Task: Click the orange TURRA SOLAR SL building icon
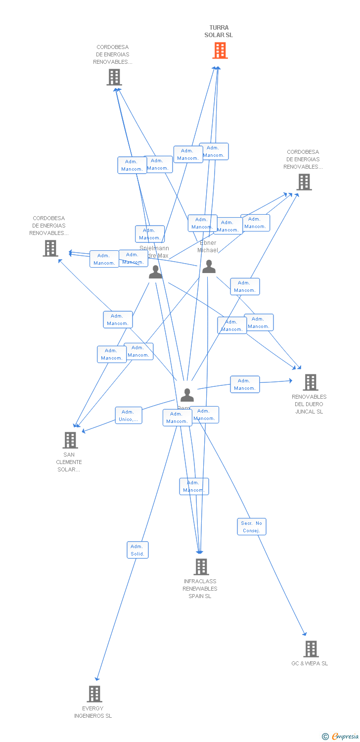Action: tap(220, 50)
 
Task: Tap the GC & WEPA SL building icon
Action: tap(311, 649)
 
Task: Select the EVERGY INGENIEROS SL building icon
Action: tap(94, 694)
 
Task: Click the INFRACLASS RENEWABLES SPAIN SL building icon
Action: tap(201, 566)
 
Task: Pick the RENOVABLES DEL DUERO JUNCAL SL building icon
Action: tap(310, 382)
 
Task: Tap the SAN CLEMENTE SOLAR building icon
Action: tap(70, 440)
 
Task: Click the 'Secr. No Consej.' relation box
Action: tap(252, 527)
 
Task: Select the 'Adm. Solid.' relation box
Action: tap(137, 550)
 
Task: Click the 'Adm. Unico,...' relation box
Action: tap(129, 416)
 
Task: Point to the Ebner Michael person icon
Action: tap(209, 267)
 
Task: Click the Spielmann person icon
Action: tap(155, 272)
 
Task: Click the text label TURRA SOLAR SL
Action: tap(219, 31)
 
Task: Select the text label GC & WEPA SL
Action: tap(310, 663)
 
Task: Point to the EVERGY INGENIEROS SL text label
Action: tap(93, 712)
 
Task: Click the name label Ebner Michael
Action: tap(208, 246)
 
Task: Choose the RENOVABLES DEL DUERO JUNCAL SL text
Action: tap(309, 404)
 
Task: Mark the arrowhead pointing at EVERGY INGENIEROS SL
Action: tap(97, 678)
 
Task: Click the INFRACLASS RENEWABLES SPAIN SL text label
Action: tap(200, 589)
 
